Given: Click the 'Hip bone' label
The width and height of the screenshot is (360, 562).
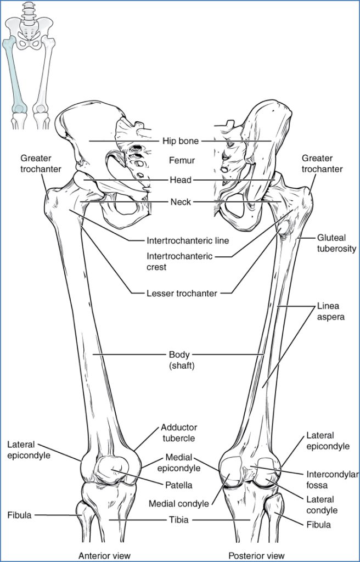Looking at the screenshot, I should [181, 141].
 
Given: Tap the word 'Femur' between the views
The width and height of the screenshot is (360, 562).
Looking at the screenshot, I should [181, 160].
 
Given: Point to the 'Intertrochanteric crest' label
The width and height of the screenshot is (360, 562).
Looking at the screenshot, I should [180, 261].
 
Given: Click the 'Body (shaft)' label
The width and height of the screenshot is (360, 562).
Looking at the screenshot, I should [179, 359].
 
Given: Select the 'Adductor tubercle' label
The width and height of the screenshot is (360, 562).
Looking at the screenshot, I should [179, 432].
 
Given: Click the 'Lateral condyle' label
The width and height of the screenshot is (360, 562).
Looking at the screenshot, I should [322, 505].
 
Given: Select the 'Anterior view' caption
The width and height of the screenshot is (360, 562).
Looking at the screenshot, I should [105, 554].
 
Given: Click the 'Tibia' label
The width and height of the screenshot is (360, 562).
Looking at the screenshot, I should [179, 520].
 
